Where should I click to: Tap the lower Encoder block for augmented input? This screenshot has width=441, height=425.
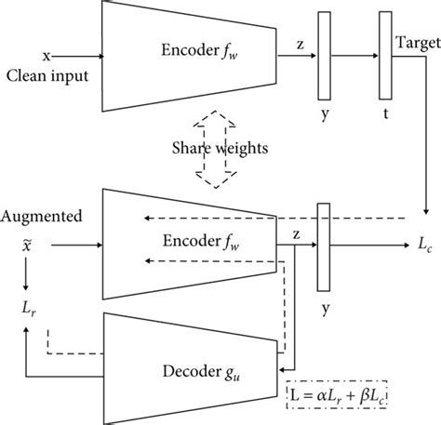(186, 246)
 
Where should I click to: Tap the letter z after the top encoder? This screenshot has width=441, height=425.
(300, 45)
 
